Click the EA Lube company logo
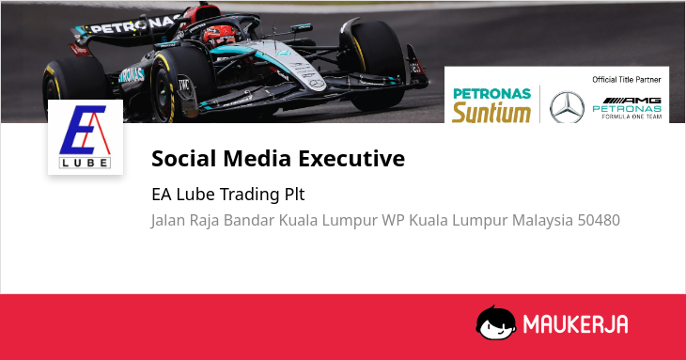(x=86, y=137)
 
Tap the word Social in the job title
(x=184, y=158)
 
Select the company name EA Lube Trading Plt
(x=228, y=195)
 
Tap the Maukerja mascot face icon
(x=495, y=322)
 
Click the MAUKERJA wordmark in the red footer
(x=576, y=324)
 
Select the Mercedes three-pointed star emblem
(x=567, y=107)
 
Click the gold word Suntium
(x=491, y=113)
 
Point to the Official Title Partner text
(x=627, y=80)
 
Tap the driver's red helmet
(x=219, y=36)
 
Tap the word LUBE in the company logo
(x=85, y=164)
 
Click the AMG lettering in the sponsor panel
(x=631, y=101)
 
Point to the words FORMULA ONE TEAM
(x=631, y=117)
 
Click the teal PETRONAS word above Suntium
(x=492, y=94)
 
